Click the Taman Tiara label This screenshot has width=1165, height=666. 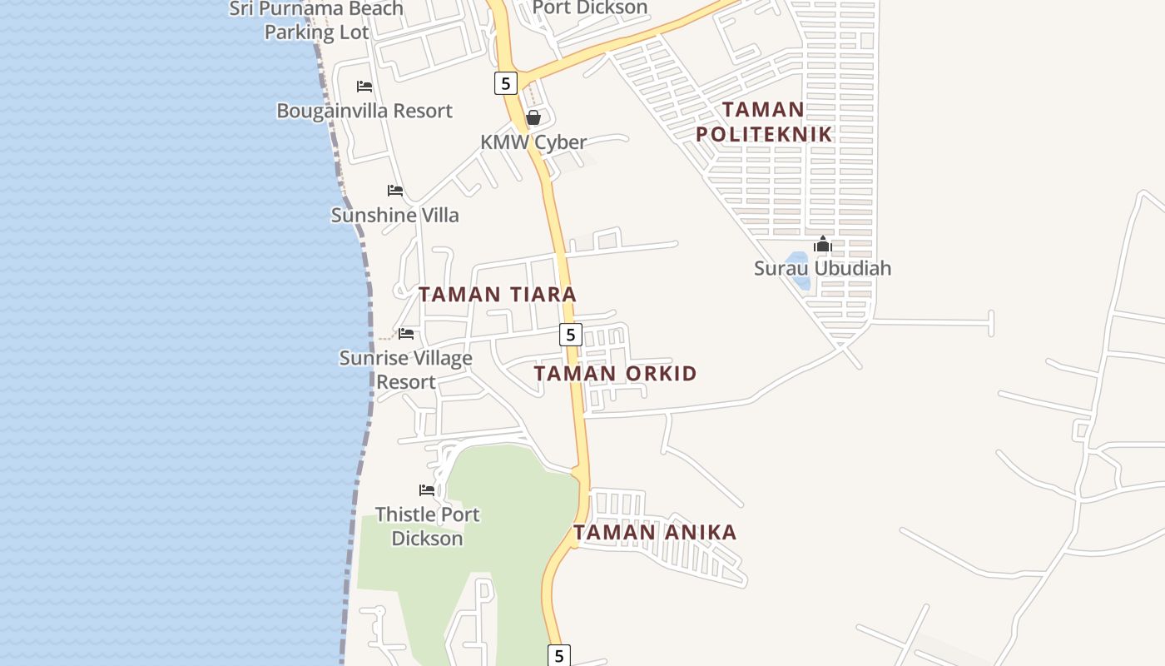pyautogui.click(x=497, y=295)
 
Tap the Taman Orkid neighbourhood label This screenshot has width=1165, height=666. pyautogui.click(x=615, y=374)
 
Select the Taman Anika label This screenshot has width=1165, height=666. pyautogui.click(x=655, y=533)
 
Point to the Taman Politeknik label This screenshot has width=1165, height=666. pyautogui.click(x=764, y=122)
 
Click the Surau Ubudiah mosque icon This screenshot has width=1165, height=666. pyautogui.click(x=823, y=244)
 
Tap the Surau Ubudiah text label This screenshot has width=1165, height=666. pyautogui.click(x=822, y=268)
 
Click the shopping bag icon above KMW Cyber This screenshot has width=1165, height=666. pyautogui.click(x=533, y=117)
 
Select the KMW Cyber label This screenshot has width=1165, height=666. pyautogui.click(x=533, y=142)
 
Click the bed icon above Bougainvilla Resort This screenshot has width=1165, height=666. pyautogui.click(x=364, y=87)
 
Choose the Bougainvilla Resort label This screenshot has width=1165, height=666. pyautogui.click(x=364, y=111)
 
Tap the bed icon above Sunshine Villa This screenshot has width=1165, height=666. pyautogui.click(x=395, y=191)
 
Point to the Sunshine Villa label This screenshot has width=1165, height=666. pyautogui.click(x=395, y=215)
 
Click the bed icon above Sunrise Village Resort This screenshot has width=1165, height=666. pyautogui.click(x=406, y=334)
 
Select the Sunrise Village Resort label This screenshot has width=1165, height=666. pyautogui.click(x=406, y=370)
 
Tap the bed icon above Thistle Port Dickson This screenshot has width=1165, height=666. pyautogui.click(x=427, y=490)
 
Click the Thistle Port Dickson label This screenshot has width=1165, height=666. pyautogui.click(x=427, y=526)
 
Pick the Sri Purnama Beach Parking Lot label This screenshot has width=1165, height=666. pyautogui.click(x=316, y=21)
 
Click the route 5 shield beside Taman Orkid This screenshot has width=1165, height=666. pyautogui.click(x=570, y=335)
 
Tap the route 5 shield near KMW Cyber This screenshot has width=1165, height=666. pyautogui.click(x=505, y=83)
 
